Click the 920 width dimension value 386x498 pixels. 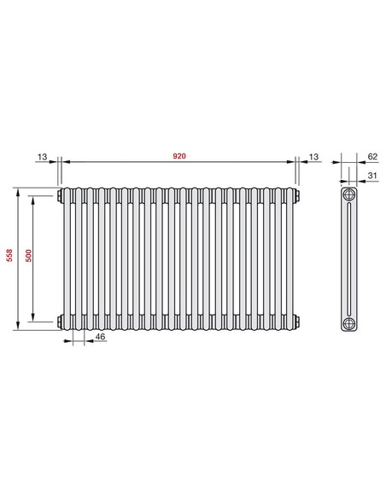tap(178, 157)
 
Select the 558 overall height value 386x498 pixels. tap(9, 258)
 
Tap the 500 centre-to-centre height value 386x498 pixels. tap(27, 258)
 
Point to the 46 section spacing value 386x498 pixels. tap(100, 339)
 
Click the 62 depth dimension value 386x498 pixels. tap(371, 157)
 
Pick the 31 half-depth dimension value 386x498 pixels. tap(371, 177)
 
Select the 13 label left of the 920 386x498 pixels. tap(44, 157)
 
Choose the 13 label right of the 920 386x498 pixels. tap(313, 157)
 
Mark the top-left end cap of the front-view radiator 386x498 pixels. tap(60, 196)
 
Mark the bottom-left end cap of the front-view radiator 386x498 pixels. tap(60, 321)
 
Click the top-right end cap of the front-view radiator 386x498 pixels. tap(297, 196)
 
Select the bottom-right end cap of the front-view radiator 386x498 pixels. tap(297, 321)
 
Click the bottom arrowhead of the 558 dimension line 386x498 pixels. tap(17, 326)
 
